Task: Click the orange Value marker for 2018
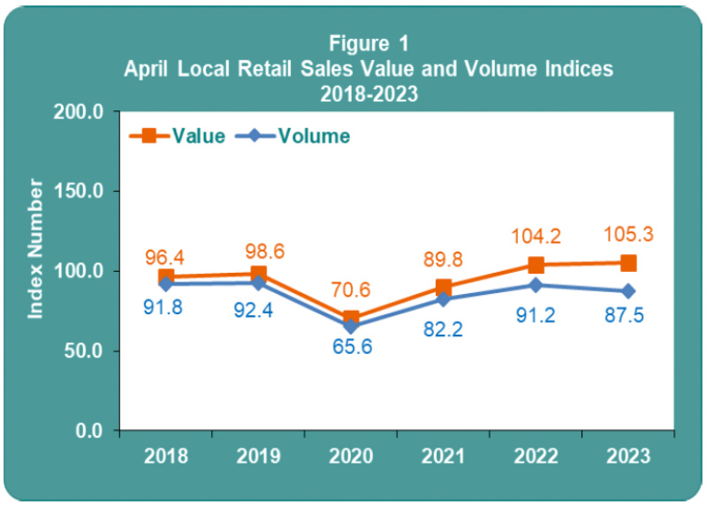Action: [166, 277]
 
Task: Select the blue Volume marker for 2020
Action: [351, 326]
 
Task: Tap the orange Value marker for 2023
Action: [628, 263]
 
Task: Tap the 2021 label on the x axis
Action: [443, 456]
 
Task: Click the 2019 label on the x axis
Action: [258, 456]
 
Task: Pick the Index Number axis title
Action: [35, 248]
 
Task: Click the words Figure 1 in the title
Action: [369, 43]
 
